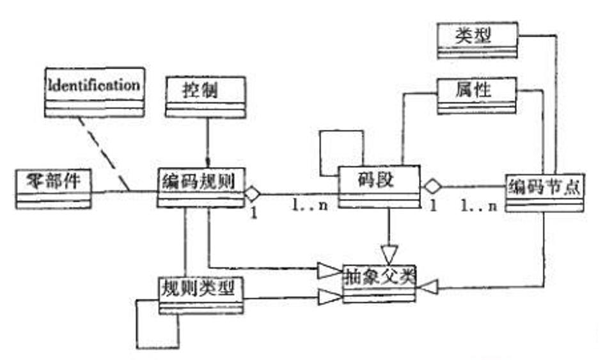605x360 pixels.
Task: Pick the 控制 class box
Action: (x=205, y=96)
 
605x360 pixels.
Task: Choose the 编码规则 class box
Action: (x=200, y=188)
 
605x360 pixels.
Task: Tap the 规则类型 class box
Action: (x=200, y=294)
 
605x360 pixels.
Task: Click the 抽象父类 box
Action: (x=380, y=281)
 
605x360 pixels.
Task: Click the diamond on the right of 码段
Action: (x=432, y=187)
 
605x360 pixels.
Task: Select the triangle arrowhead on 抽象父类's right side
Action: (x=428, y=288)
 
